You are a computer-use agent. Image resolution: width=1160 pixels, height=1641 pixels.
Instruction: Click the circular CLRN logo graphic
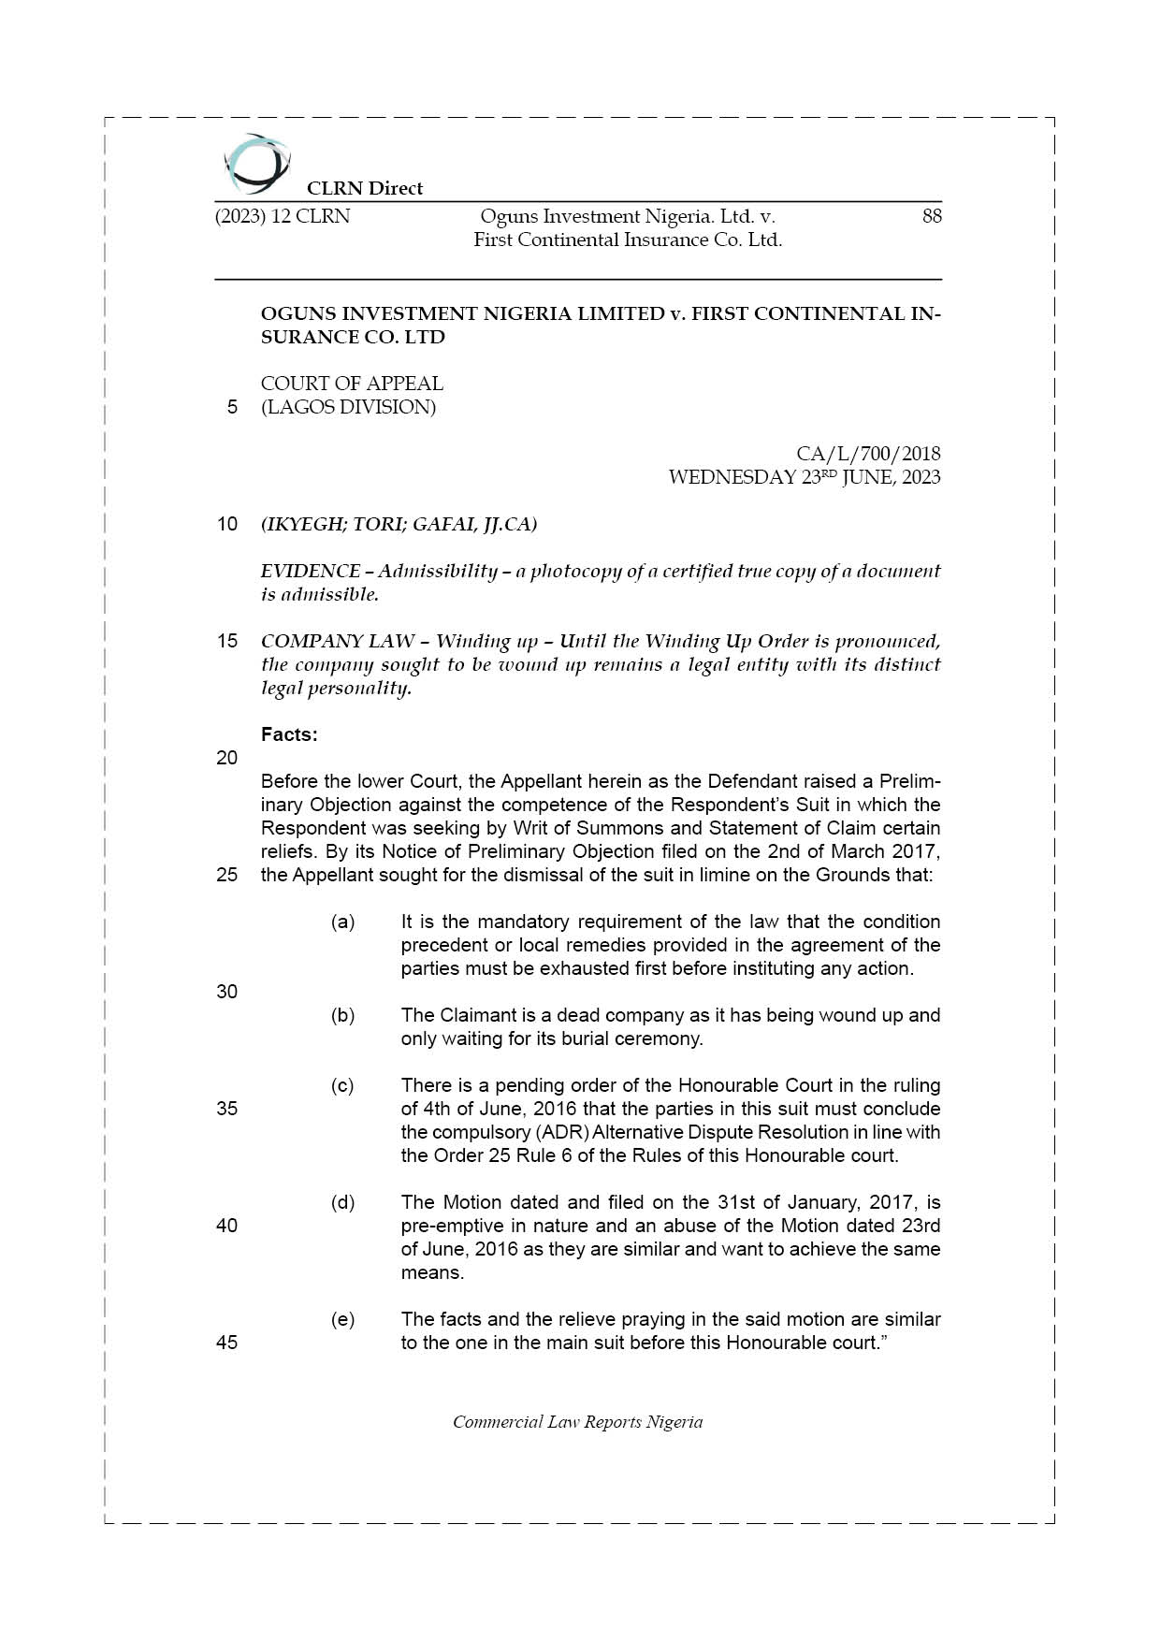[x=256, y=164]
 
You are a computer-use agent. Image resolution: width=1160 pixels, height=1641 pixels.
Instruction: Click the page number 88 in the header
[x=931, y=216]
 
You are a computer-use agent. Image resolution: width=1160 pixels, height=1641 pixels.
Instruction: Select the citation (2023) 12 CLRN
[x=283, y=216]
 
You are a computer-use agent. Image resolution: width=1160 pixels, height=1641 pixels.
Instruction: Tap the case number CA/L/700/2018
[x=868, y=454]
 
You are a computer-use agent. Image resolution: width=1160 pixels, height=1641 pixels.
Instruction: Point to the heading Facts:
[x=289, y=734]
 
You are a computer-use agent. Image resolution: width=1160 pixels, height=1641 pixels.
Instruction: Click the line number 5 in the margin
[x=232, y=407]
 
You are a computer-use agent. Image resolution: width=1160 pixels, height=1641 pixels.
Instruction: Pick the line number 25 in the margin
[x=227, y=875]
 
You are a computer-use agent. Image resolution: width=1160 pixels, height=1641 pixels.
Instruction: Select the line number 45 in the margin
[x=227, y=1342]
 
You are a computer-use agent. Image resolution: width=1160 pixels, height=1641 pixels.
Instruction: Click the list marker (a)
[x=342, y=922]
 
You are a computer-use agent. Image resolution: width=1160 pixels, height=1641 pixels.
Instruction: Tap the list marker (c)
[x=342, y=1085]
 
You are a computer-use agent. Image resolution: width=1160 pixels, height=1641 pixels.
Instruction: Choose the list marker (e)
[x=342, y=1319]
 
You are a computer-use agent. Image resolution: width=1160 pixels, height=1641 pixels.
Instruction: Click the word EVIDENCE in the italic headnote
[x=310, y=571]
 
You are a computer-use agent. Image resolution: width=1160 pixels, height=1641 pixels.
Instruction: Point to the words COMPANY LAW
[x=338, y=641]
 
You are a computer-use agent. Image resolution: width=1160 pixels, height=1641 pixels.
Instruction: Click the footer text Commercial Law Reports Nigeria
[x=577, y=1422]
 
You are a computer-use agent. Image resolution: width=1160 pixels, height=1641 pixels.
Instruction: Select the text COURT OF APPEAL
[x=352, y=384]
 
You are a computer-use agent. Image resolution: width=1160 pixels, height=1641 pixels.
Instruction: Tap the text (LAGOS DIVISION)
[x=348, y=407]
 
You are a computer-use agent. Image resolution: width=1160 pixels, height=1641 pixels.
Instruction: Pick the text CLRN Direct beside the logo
[x=365, y=188]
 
